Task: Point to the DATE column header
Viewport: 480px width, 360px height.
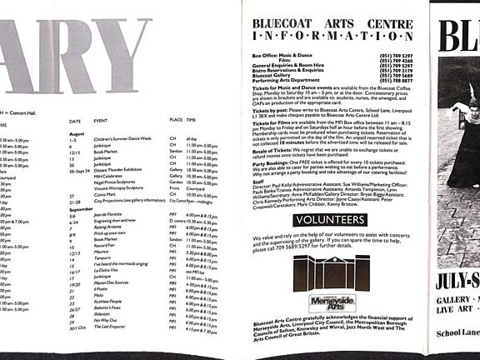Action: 75,121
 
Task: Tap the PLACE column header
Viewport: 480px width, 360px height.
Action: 176,121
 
